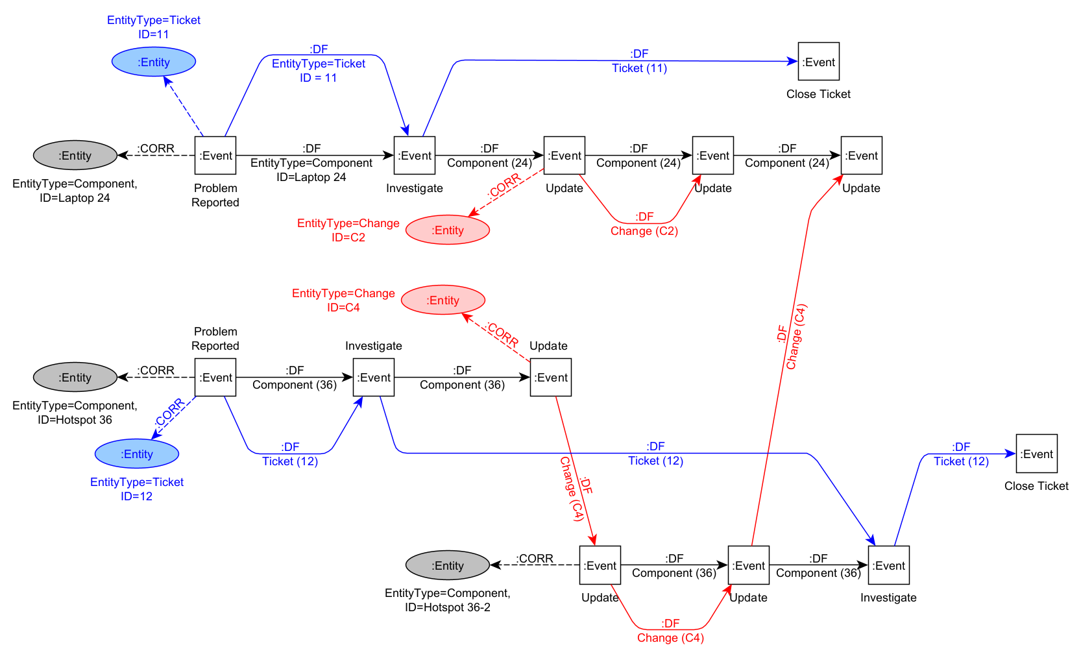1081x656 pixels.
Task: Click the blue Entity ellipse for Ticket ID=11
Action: click(154, 62)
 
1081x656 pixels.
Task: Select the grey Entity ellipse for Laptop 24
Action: click(75, 156)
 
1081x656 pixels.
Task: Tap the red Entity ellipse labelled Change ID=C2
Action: click(448, 230)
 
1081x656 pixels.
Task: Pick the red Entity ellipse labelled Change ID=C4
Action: click(443, 300)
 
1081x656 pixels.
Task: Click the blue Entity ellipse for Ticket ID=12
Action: click(137, 454)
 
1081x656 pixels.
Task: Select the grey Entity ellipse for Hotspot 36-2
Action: click(448, 566)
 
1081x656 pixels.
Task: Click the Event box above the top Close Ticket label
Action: click(818, 62)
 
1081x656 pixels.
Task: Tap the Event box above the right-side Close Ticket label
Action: click(1036, 454)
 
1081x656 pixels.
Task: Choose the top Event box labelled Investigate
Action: click(415, 156)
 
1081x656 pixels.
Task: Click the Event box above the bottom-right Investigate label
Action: click(888, 566)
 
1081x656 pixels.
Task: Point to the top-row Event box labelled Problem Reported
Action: click(215, 156)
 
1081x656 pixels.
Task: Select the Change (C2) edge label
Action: click(644, 231)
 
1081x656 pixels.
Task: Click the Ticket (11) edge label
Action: click(639, 68)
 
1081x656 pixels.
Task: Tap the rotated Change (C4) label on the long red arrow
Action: click(796, 337)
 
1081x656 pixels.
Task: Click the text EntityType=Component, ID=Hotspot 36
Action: click(75, 413)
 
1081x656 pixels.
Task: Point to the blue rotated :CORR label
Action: click(170, 413)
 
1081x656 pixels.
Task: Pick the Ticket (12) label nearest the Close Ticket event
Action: click(961, 461)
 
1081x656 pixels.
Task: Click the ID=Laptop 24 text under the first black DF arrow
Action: click(311, 177)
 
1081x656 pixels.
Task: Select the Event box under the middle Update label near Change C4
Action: click(551, 378)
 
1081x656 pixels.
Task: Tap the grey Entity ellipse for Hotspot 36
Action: click(75, 378)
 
